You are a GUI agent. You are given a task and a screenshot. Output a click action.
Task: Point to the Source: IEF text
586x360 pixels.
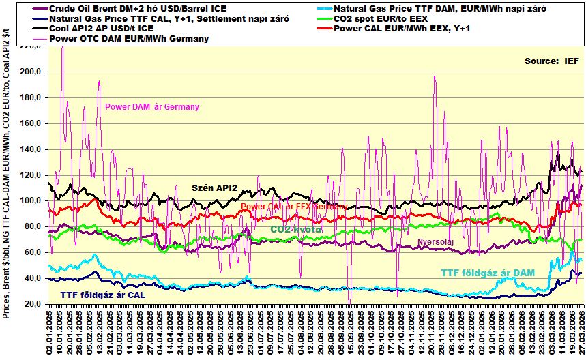coord(551,61)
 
